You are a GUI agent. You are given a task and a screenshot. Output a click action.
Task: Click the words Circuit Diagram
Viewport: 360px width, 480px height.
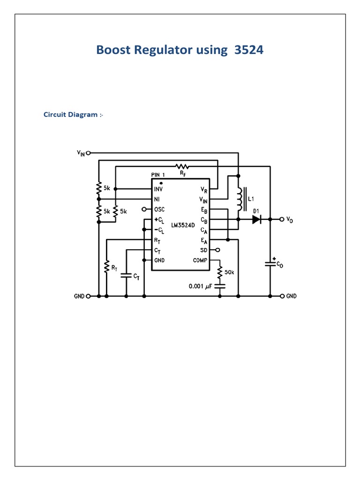click(x=70, y=114)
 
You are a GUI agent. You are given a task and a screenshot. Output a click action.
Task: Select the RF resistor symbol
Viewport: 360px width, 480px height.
click(x=182, y=166)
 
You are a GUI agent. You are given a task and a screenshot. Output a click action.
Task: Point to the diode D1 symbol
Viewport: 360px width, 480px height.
click(x=256, y=219)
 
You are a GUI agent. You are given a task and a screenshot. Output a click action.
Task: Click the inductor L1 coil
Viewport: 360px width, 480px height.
click(x=240, y=199)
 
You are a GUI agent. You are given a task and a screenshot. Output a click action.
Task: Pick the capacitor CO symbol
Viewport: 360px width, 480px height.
click(x=270, y=264)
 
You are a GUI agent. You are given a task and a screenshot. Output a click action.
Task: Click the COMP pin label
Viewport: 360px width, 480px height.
click(x=202, y=261)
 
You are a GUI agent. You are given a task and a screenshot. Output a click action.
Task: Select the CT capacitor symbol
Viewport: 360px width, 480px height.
click(x=126, y=276)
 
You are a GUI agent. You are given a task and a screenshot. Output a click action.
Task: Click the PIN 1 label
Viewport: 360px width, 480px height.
click(x=158, y=174)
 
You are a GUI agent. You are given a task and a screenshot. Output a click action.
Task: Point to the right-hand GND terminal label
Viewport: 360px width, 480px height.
click(x=291, y=296)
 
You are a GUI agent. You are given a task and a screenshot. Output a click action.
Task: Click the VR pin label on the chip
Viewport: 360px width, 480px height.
click(x=203, y=189)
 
